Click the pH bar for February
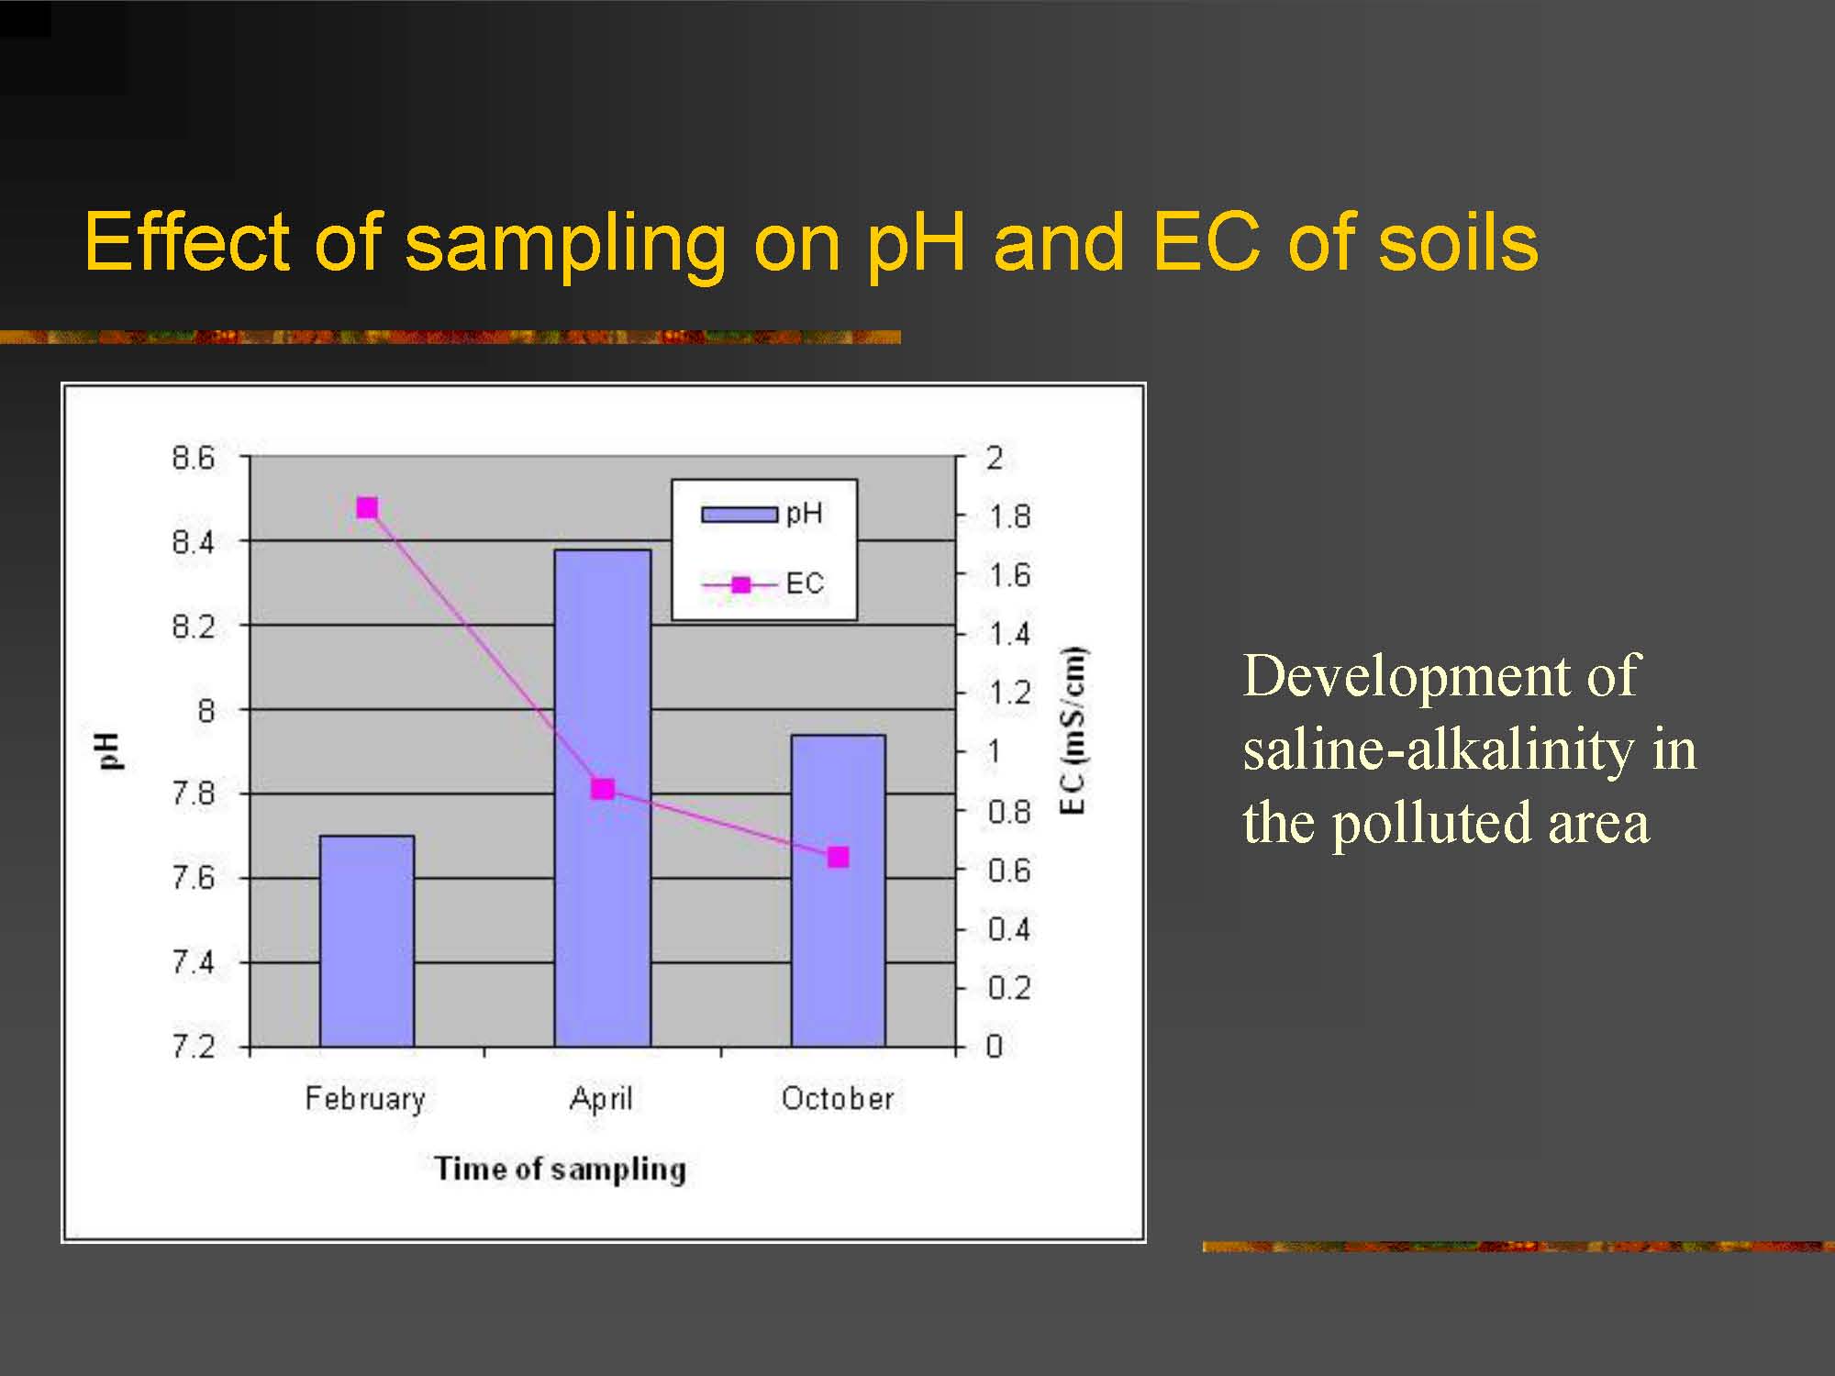coord(367,940)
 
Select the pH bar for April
coord(603,798)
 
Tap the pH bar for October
coord(839,890)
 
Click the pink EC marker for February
coord(367,508)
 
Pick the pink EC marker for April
coord(603,789)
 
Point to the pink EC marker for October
coord(839,857)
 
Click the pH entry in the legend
coord(762,514)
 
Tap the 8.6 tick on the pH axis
coord(193,457)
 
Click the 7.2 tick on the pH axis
coord(193,1046)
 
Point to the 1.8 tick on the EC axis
coord(1009,516)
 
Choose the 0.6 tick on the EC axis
coord(1009,870)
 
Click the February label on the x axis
coord(365,1099)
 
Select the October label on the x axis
coord(838,1098)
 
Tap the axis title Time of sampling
coord(560,1169)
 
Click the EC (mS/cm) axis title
coord(1073,731)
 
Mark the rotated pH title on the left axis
coord(109,751)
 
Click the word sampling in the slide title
coord(565,244)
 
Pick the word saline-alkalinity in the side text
coord(1438,749)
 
